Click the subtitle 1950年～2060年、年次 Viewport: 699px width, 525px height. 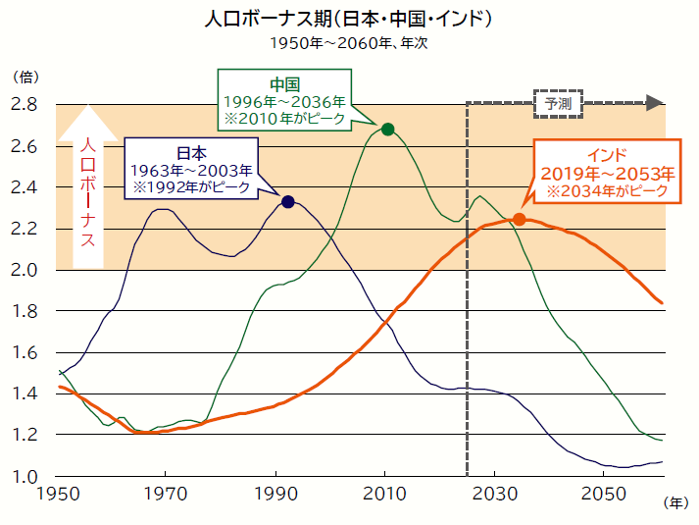click(349, 43)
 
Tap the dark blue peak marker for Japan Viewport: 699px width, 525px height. click(287, 201)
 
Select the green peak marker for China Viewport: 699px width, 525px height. click(387, 130)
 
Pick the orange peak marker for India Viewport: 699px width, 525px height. click(520, 220)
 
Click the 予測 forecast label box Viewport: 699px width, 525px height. click(558, 102)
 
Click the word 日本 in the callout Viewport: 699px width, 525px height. click(191, 153)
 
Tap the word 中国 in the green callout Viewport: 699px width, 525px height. click(283, 83)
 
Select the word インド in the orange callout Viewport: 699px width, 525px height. click(604, 155)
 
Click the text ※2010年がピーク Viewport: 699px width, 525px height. click(283, 118)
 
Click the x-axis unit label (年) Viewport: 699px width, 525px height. click(675, 503)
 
